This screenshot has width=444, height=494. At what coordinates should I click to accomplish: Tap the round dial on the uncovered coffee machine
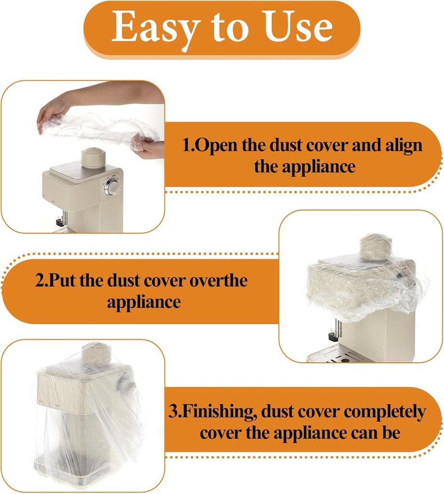click(113, 187)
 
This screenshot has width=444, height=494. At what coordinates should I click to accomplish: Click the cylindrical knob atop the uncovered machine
click(93, 158)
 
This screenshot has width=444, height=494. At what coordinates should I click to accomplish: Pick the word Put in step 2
click(62, 280)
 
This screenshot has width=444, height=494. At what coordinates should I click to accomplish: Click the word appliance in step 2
click(144, 302)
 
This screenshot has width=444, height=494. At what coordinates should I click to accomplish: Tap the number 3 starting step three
click(174, 412)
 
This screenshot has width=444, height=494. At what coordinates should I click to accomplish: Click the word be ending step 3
click(391, 433)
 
